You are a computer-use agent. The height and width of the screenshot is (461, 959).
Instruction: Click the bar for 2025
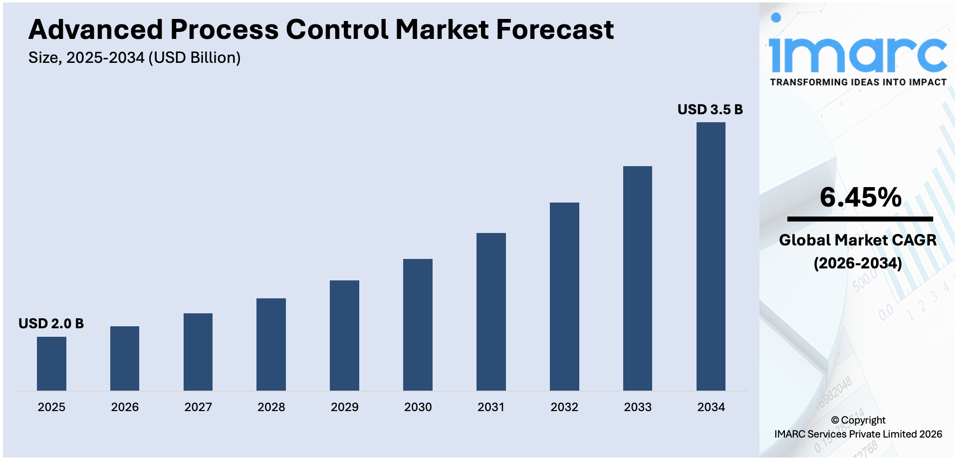click(x=51, y=364)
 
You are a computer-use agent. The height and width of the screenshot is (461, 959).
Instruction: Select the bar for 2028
click(x=271, y=344)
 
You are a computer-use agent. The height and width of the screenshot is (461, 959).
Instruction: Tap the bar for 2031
click(x=491, y=312)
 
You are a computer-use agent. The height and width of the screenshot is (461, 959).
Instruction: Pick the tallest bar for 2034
click(x=711, y=256)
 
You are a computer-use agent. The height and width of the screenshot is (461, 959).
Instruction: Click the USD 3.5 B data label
click(x=710, y=110)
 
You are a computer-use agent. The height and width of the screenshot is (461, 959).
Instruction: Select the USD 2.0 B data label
click(x=51, y=324)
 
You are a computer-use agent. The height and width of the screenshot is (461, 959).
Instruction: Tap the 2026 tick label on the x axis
click(x=125, y=407)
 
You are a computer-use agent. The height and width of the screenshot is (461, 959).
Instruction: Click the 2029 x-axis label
click(x=344, y=407)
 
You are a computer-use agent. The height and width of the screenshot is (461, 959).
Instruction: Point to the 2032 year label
click(x=564, y=407)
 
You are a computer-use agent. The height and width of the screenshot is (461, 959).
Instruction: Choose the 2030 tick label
click(x=418, y=407)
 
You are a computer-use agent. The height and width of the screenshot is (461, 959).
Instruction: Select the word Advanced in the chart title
click(x=95, y=30)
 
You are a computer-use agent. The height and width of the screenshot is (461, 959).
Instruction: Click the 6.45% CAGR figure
click(x=860, y=198)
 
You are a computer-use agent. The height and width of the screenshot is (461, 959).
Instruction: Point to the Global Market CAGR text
click(x=857, y=240)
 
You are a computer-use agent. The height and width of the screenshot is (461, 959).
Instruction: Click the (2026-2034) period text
click(x=857, y=263)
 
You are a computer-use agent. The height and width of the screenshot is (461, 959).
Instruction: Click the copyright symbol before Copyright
click(x=835, y=421)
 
